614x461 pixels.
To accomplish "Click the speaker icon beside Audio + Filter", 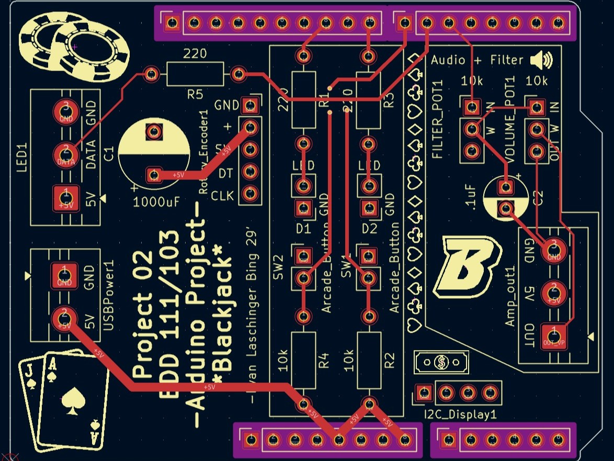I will pos(541,61).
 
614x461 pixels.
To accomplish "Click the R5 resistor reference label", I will pos(195,94).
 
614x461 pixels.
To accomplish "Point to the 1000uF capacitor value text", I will pos(155,201).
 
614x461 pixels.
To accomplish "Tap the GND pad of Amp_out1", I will pos(554,250).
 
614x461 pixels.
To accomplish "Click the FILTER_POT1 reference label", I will pos(438,120).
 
